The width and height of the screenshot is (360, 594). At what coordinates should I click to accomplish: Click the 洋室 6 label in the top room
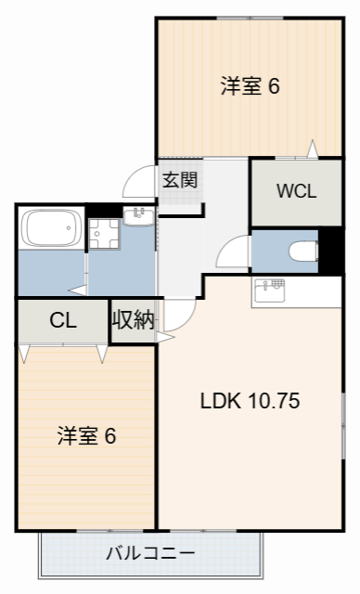coord(250,86)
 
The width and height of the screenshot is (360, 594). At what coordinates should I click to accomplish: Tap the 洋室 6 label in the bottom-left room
coord(86,435)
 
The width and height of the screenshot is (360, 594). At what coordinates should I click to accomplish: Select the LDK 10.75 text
coord(250,402)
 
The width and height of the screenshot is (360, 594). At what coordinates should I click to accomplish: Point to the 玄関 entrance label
coord(179,180)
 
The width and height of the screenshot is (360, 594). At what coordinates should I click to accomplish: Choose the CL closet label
coord(62,321)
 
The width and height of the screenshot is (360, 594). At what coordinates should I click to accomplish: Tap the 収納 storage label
coord(133,321)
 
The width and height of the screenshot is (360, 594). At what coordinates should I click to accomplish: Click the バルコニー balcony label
coord(149,554)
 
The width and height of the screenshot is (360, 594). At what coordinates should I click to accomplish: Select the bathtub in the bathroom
coord(52,227)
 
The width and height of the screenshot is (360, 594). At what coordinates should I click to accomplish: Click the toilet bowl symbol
coord(301,250)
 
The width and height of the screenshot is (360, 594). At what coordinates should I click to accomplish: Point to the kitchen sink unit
coord(271,289)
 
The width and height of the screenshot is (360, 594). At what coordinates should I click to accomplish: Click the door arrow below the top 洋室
coord(312,148)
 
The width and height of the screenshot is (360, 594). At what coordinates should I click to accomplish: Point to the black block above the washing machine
coord(97,211)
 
